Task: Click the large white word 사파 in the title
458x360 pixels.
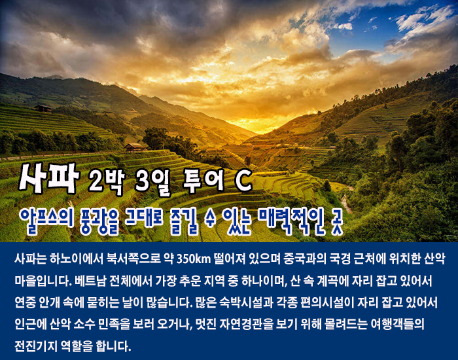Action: [x=49, y=178]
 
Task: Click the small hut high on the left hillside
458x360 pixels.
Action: [x=43, y=109]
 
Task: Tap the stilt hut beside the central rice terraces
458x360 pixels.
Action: [x=135, y=147]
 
